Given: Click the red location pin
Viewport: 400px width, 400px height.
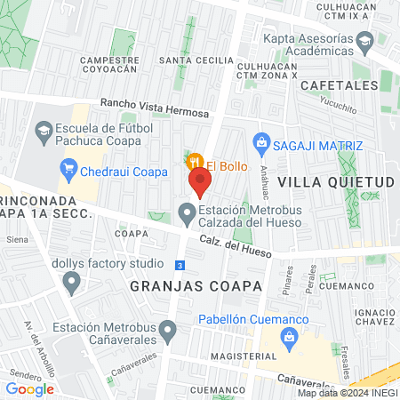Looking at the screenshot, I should tap(200, 182).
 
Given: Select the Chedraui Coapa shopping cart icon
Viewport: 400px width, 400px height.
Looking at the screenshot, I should tap(69, 167).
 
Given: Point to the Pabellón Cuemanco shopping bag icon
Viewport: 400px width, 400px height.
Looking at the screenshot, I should tap(288, 336).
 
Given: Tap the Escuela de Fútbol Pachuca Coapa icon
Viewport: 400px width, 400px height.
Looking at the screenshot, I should tap(44, 132).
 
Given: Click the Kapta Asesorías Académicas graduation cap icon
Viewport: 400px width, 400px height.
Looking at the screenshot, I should tap(364, 40).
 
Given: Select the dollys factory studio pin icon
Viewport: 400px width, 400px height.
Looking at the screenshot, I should tap(72, 283).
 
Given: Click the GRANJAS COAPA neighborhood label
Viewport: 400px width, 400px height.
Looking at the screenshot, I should tap(196, 286).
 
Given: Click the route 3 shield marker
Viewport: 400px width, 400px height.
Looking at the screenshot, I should tap(180, 265).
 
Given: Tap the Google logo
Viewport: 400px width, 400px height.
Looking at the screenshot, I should tap(29, 388).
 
